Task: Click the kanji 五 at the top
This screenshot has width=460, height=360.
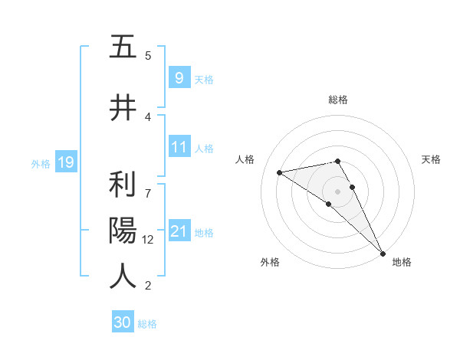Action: [x=123, y=47]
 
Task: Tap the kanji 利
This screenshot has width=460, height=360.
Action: [x=123, y=185]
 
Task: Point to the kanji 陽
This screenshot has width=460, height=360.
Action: [x=123, y=231]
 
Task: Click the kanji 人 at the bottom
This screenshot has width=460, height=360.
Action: [x=123, y=275]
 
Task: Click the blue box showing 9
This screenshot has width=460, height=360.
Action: [x=179, y=77]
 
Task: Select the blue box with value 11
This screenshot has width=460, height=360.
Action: [x=179, y=147]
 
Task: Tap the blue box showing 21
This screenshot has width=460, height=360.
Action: [x=179, y=231]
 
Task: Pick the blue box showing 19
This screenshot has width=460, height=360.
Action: [x=65, y=162]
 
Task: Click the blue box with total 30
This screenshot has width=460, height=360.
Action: [x=123, y=322]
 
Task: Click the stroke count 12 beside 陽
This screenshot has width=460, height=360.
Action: [x=149, y=240]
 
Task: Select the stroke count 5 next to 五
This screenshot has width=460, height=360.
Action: [x=148, y=55]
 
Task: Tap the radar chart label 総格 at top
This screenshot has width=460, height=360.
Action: [x=338, y=100]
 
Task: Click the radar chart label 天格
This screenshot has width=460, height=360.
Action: [x=432, y=159]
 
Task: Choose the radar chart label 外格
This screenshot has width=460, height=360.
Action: [x=270, y=262]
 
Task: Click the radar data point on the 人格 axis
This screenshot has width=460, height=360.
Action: [x=280, y=172]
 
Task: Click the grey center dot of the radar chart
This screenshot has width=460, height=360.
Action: [x=338, y=191]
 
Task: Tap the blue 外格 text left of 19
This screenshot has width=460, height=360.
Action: [x=40, y=163]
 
